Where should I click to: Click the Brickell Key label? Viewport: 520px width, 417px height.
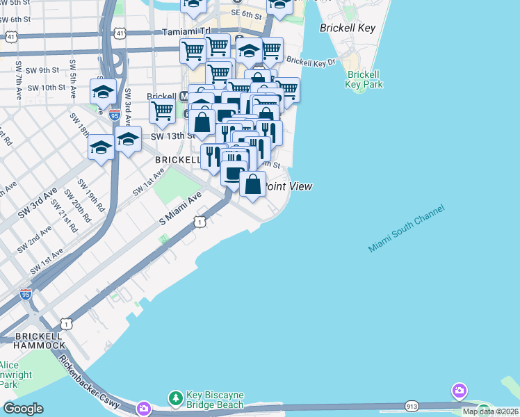click(x=348, y=28)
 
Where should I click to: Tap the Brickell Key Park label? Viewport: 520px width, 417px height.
click(x=364, y=79)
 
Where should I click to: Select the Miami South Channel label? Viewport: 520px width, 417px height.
click(x=406, y=229)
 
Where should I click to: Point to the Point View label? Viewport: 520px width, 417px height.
click(x=289, y=186)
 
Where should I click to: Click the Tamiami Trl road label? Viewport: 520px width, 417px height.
click(x=186, y=32)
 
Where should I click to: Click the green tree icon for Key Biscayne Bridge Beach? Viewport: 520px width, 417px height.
click(x=176, y=398)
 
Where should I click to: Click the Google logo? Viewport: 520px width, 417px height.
click(x=23, y=409)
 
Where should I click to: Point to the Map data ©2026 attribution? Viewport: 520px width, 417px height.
click(x=490, y=411)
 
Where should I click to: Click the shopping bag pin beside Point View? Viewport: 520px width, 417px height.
click(x=253, y=184)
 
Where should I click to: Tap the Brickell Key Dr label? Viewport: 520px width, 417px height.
click(x=311, y=62)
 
